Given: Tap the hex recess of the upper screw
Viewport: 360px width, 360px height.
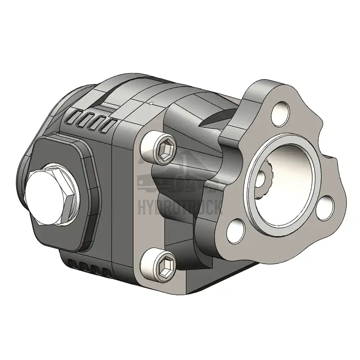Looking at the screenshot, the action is click(166, 149).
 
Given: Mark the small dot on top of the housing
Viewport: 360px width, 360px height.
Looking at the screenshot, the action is click(150, 103).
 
